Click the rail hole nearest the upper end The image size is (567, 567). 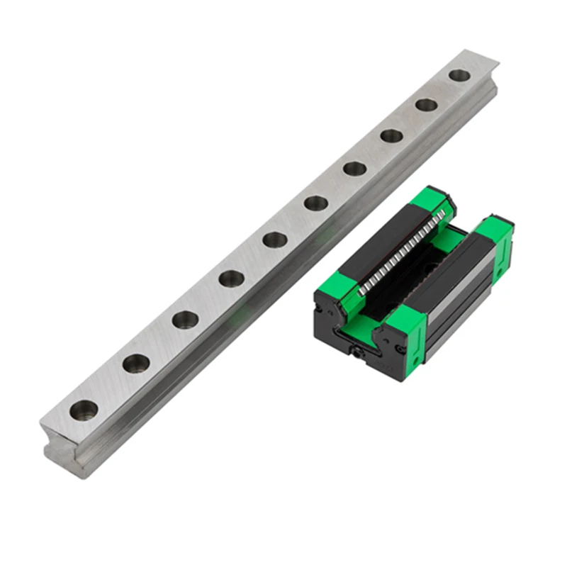pos(459,74)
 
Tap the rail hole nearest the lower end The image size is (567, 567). pos(84,408)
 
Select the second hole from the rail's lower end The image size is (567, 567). pos(135,364)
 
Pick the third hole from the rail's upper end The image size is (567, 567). pos(392,135)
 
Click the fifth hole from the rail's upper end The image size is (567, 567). pos(315,203)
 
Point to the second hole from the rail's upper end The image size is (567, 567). pos(426,105)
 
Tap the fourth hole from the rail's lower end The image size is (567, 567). pos(231,278)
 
